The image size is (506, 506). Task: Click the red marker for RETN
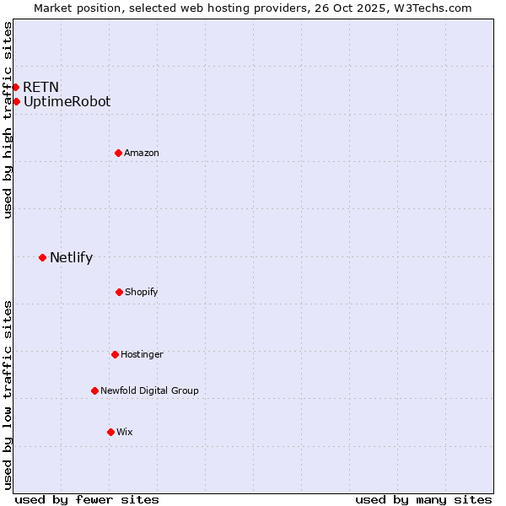[15, 87]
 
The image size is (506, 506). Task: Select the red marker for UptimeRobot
[16, 102]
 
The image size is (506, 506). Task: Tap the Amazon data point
[118, 153]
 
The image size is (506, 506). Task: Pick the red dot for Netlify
[42, 257]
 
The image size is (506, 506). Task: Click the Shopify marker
[119, 292]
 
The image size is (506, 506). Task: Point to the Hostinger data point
[115, 354]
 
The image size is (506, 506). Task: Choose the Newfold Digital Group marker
[94, 390]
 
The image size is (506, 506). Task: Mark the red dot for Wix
[110, 432]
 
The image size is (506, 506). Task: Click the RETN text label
[40, 87]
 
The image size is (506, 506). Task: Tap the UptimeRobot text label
[67, 102]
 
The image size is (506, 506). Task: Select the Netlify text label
[71, 258]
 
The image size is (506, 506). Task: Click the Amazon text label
[142, 153]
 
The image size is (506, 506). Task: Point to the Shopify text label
[142, 292]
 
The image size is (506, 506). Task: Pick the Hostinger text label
[142, 354]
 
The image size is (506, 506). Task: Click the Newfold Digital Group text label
[149, 390]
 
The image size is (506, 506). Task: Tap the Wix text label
[125, 432]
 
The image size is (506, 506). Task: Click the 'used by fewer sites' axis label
[87, 499]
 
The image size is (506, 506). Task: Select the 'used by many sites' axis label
[423, 499]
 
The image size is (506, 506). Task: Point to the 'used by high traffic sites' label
[8, 120]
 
